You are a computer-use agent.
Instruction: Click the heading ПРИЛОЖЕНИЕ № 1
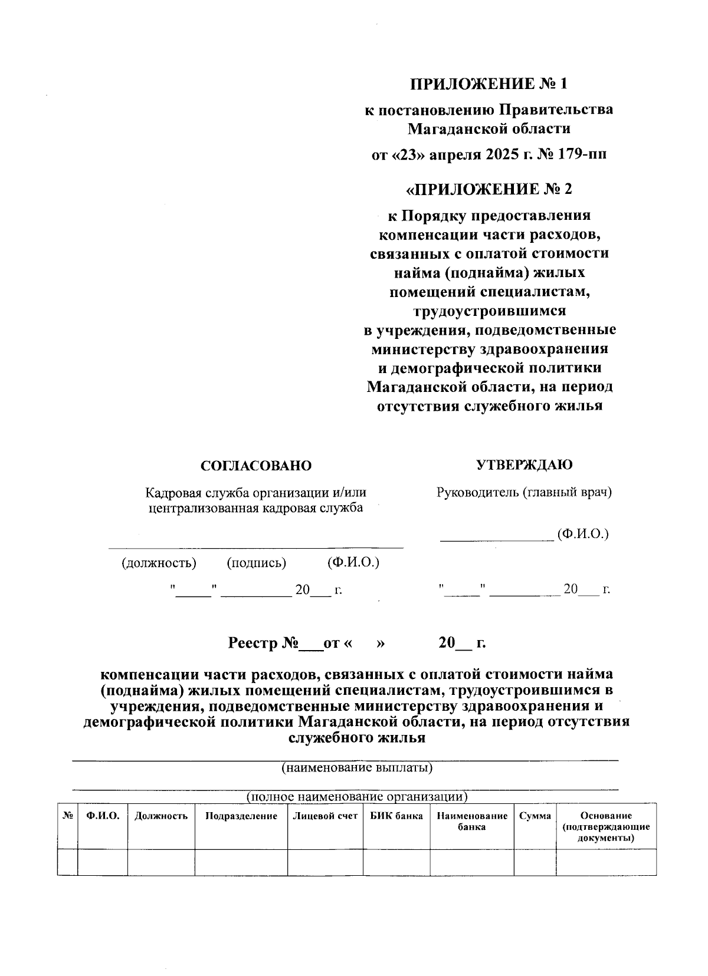point(489,84)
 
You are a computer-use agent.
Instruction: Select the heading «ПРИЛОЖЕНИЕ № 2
point(489,189)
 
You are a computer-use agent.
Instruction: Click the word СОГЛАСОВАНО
point(256,466)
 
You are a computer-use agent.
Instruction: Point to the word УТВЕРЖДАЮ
point(524,464)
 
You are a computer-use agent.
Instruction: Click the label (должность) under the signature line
point(159,563)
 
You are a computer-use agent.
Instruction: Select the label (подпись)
point(257,563)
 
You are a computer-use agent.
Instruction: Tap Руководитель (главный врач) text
point(524,493)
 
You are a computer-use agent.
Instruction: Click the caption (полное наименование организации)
point(357,797)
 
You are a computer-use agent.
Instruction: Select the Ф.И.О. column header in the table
point(103,816)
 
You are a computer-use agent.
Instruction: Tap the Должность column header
point(161,816)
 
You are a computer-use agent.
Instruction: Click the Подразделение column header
point(241,816)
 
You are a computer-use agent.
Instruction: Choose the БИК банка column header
point(396,816)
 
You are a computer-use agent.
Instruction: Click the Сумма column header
point(535,816)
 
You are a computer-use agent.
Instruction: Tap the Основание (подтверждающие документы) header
point(606,826)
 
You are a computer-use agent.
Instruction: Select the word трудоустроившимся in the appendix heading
point(489,311)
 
